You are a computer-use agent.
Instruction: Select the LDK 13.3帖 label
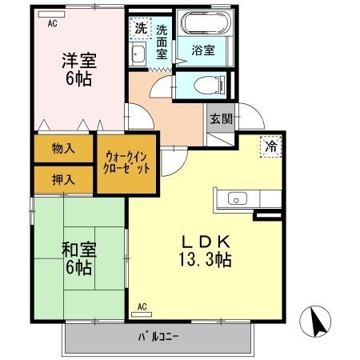point(206,250)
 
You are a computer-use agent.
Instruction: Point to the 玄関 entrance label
point(220,118)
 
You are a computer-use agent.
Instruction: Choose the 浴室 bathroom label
point(203,49)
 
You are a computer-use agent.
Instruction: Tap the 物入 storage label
point(63,148)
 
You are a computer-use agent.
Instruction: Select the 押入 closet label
point(63,179)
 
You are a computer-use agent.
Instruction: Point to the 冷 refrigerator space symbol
point(270,146)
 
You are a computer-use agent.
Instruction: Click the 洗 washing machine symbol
point(140,27)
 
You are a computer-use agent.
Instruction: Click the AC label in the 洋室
point(52,23)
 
